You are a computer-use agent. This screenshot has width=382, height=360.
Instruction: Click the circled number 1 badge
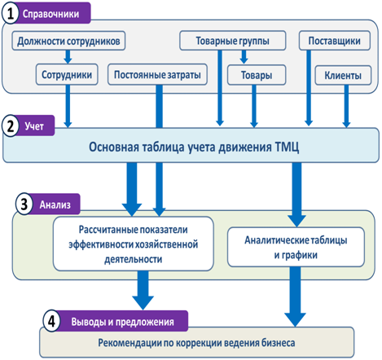(x=11, y=14)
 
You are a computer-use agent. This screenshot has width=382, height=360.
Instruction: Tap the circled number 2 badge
(x=11, y=125)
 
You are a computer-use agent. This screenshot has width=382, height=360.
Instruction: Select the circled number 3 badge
(x=24, y=204)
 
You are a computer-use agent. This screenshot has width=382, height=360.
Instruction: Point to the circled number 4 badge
(x=51, y=322)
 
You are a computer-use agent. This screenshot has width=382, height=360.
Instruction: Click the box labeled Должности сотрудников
(x=68, y=41)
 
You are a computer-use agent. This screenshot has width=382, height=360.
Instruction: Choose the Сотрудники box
(x=67, y=74)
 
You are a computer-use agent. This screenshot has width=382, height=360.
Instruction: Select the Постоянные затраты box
(x=157, y=74)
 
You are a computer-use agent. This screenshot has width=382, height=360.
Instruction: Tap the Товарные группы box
(x=233, y=41)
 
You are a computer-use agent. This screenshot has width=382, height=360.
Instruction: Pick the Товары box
(x=257, y=75)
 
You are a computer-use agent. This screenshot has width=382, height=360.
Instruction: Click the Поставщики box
(x=335, y=41)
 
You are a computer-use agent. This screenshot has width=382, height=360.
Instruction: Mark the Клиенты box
(x=343, y=75)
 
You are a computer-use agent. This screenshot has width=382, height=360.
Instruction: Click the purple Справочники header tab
(x=51, y=13)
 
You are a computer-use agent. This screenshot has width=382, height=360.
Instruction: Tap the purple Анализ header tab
(x=55, y=204)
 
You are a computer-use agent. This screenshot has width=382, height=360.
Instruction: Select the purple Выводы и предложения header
(x=122, y=322)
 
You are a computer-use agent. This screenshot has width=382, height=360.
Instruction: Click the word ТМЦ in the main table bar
(x=287, y=147)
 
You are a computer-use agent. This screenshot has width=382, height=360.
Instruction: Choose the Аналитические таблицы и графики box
(x=296, y=247)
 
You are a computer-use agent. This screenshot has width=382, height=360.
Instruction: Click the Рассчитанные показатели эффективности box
(x=134, y=244)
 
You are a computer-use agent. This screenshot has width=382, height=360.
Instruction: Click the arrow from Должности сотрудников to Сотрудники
(x=68, y=57)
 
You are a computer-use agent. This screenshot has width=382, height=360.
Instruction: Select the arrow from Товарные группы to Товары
(x=244, y=57)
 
